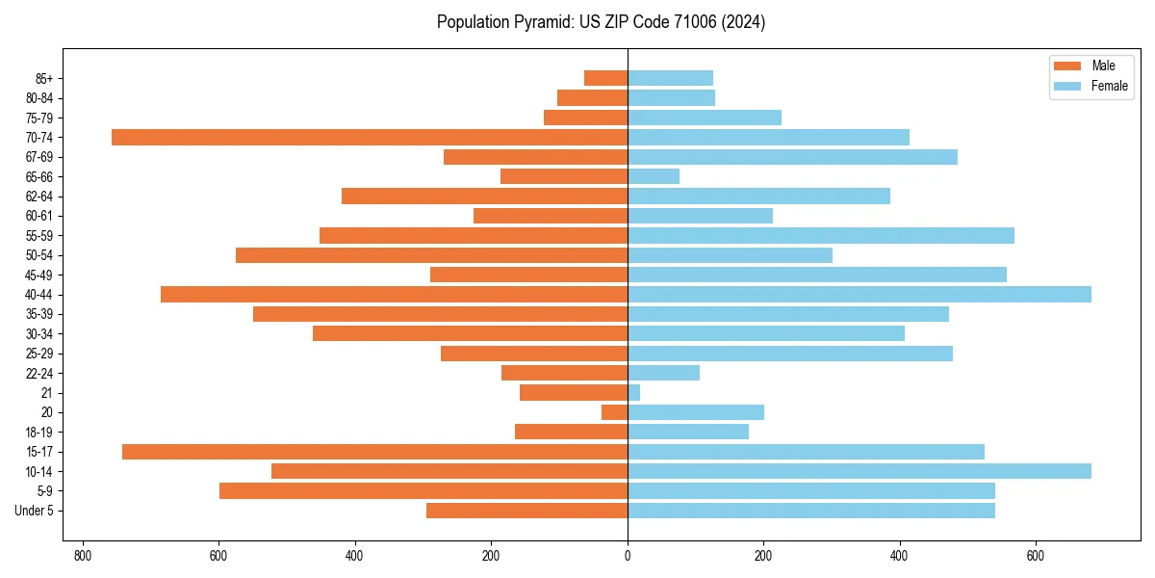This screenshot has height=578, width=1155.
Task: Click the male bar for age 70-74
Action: pos(370,137)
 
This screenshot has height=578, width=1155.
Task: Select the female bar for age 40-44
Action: pos(859,294)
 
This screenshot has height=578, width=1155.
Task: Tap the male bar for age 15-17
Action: pos(374,452)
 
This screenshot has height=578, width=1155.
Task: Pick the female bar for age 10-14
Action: pos(859,471)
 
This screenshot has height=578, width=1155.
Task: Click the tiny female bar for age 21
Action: pos(633,393)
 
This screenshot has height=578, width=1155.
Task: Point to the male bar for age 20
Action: pos(614,412)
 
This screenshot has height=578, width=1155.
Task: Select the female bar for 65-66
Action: pos(654,176)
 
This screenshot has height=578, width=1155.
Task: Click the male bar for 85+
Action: pos(605,78)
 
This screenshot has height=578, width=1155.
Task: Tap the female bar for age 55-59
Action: pos(820,235)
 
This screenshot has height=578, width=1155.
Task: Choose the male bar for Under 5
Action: pos(526,511)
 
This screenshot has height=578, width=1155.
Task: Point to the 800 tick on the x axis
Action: pos(83,556)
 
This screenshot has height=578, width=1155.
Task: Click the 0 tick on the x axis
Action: pos(628,556)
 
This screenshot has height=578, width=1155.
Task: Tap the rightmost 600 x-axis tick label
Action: pos(1036,556)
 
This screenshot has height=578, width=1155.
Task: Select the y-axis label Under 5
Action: pos(35,511)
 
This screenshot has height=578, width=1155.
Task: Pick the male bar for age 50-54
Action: pos(431,255)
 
